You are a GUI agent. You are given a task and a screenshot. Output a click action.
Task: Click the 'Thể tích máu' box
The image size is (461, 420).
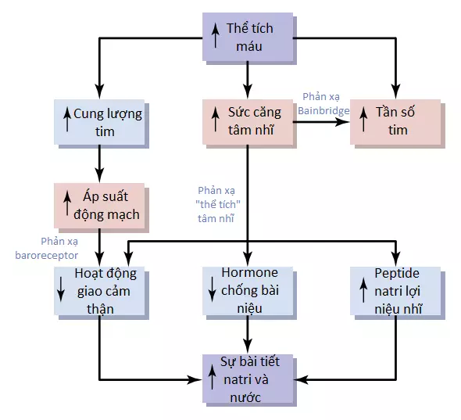pyautogui.click(x=248, y=37)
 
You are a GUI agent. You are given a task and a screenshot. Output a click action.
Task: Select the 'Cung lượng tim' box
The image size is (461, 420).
pyautogui.click(x=99, y=122)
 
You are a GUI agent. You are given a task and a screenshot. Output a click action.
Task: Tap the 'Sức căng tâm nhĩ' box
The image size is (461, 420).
pyautogui.click(x=248, y=122)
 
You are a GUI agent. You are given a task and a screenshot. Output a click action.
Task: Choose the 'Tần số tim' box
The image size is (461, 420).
pyautogui.click(x=395, y=122)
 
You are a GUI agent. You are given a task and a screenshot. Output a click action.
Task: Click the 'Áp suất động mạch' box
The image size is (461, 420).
pyautogui.click(x=99, y=206)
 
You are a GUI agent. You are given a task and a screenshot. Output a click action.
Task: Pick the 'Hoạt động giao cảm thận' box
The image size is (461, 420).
pyautogui.click(x=99, y=291)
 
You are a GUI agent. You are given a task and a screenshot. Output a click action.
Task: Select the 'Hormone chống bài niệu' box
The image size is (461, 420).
pyautogui.click(x=248, y=291)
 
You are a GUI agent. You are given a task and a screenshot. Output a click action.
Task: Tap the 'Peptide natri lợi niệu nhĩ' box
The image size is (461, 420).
pyautogui.click(x=395, y=291)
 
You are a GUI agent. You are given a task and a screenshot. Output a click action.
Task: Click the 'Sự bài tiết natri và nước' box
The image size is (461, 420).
pyautogui.click(x=248, y=379)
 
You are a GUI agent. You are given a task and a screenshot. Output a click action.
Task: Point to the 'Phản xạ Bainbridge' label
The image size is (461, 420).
pyautogui.click(x=323, y=104)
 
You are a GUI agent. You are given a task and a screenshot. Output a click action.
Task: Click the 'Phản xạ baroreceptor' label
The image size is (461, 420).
pyautogui.click(x=46, y=249)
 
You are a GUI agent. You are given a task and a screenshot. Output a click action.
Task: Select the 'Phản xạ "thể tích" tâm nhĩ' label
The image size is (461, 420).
pyautogui.click(x=218, y=205)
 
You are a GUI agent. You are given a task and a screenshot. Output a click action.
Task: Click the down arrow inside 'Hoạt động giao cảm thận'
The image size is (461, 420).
pyautogui.click(x=61, y=289)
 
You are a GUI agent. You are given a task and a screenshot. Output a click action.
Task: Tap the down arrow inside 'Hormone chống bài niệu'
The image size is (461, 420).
pyautogui.click(x=212, y=289)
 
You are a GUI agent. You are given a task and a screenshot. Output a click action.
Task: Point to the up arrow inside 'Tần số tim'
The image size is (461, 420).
pyautogui.click(x=363, y=119)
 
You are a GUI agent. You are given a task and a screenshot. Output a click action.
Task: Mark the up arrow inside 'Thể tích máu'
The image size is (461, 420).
pyautogui.click(x=216, y=35)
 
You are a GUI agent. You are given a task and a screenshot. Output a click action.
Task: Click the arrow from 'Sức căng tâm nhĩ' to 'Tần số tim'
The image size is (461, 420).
pyautogui.click(x=321, y=122)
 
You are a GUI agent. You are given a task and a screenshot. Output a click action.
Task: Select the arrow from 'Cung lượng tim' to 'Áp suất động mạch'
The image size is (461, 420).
pyautogui.click(x=100, y=163)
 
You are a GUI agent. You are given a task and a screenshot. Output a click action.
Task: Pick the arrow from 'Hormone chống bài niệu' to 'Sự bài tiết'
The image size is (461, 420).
pyautogui.click(x=248, y=335)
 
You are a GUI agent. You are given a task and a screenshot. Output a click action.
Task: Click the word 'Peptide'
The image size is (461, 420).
pyautogui.click(x=397, y=274)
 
